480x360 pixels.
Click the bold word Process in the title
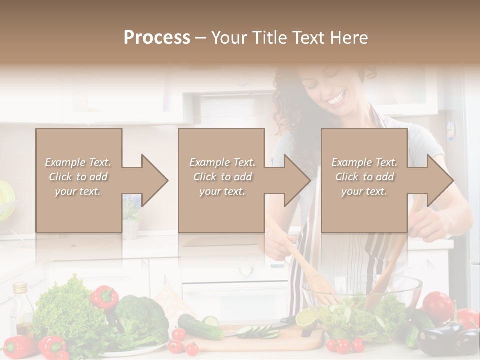(x=157, y=38)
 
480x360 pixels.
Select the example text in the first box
(x=78, y=177)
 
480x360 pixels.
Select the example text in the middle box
(x=222, y=177)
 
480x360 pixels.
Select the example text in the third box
(x=364, y=177)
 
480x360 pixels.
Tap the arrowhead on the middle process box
(x=296, y=180)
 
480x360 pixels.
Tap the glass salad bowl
(x=362, y=300)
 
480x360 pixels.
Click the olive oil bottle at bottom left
(x=21, y=310)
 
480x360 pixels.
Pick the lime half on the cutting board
(x=306, y=318)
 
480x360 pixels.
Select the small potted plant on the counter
(x=131, y=215)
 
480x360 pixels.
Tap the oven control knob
(x=245, y=270)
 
